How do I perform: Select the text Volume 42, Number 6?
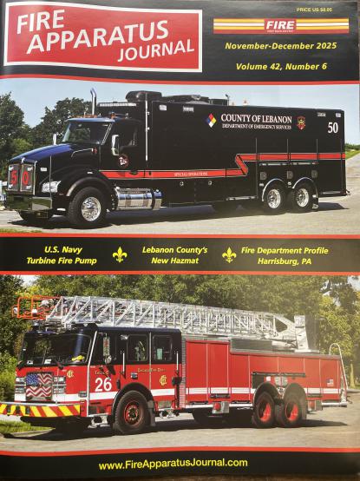(280, 65)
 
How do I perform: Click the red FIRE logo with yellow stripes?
(280, 25)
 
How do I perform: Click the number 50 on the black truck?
(332, 127)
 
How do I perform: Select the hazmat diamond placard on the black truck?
(211, 120)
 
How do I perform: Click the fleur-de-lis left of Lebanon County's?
(120, 254)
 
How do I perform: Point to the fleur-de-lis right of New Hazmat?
(229, 254)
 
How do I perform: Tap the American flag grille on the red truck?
(38, 384)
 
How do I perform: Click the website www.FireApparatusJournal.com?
(179, 465)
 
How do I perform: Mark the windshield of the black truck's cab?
(85, 133)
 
